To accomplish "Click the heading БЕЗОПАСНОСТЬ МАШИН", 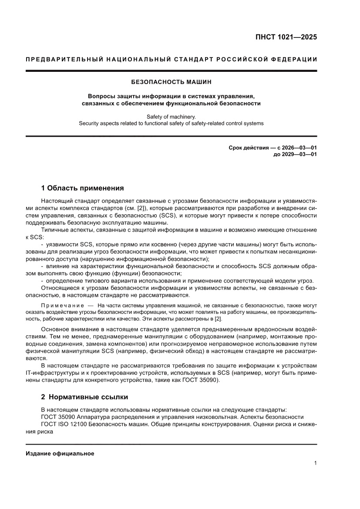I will pos(171,82).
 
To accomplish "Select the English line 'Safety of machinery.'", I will pos(171,116).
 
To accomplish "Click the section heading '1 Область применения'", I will pos(82,189).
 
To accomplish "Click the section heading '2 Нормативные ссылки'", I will pos(84,397).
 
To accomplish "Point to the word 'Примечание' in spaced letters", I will pos(62,305).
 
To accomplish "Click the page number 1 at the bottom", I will pos(315,463).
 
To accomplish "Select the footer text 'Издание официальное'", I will pos(60,454).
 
